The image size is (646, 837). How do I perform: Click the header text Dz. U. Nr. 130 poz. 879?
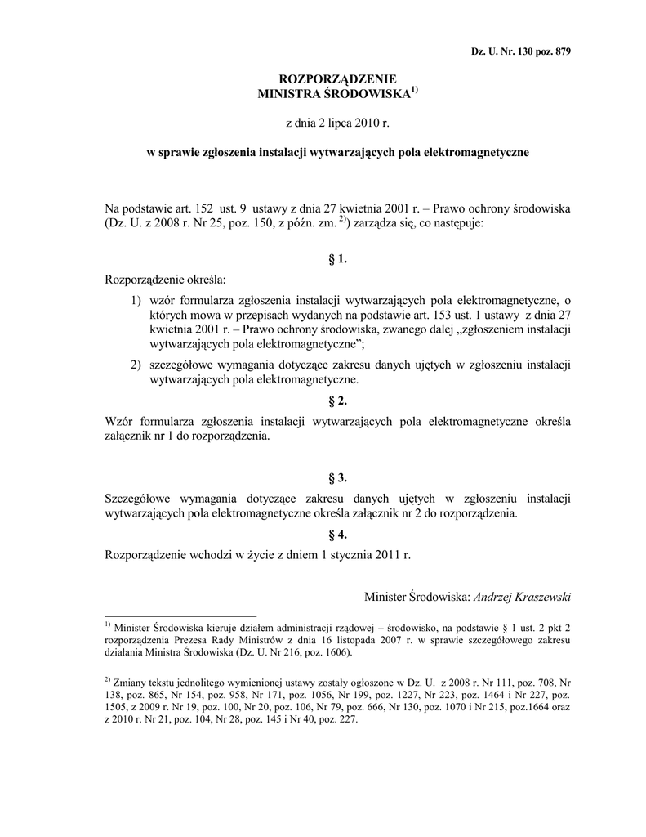[x=521, y=51]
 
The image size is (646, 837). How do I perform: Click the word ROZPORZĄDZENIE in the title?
[x=338, y=78]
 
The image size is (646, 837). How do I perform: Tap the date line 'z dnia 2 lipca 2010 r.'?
[x=338, y=123]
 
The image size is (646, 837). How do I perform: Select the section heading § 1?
[x=338, y=259]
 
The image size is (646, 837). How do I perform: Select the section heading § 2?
[x=338, y=401]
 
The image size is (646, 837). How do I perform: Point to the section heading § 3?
[x=338, y=477]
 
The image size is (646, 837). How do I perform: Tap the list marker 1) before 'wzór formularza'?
[x=136, y=301]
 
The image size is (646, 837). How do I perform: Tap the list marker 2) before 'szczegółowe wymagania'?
[x=136, y=365]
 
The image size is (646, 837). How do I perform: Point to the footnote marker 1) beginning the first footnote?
[x=109, y=624]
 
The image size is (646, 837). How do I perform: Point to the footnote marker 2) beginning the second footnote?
[x=109, y=680]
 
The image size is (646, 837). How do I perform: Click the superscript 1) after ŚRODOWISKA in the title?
[x=414, y=90]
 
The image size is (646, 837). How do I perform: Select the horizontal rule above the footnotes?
[x=180, y=615]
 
